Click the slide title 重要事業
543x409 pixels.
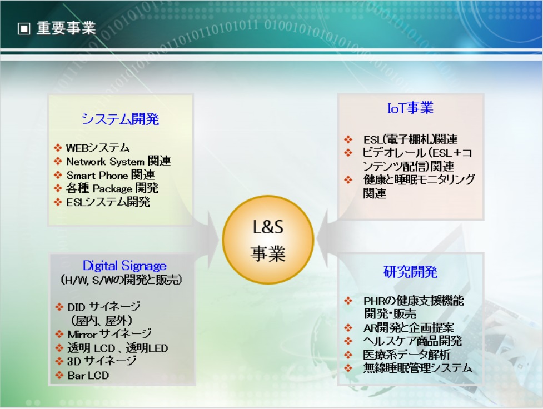click(66, 28)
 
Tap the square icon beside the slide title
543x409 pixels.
click(24, 29)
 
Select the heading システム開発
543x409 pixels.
click(120, 119)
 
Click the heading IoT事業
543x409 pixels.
click(410, 108)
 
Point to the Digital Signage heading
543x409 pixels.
click(124, 266)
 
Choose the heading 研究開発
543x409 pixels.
click(410, 272)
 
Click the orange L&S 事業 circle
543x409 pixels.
click(268, 240)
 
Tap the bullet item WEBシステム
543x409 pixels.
click(98, 148)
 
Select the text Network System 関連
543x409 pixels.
click(118, 161)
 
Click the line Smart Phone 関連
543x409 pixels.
click(111, 175)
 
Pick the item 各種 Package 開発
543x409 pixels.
click(112, 188)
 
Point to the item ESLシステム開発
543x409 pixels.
click(108, 202)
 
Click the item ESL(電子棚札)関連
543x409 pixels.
click(410, 139)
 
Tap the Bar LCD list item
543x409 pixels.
click(88, 376)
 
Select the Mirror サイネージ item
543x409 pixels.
click(109, 334)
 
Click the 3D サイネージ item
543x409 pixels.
click(102, 361)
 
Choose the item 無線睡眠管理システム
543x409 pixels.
click(417, 367)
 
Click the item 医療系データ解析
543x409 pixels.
click(407, 355)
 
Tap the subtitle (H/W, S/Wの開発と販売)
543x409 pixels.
click(121, 280)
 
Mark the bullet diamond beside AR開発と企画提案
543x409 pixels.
click(348, 328)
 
